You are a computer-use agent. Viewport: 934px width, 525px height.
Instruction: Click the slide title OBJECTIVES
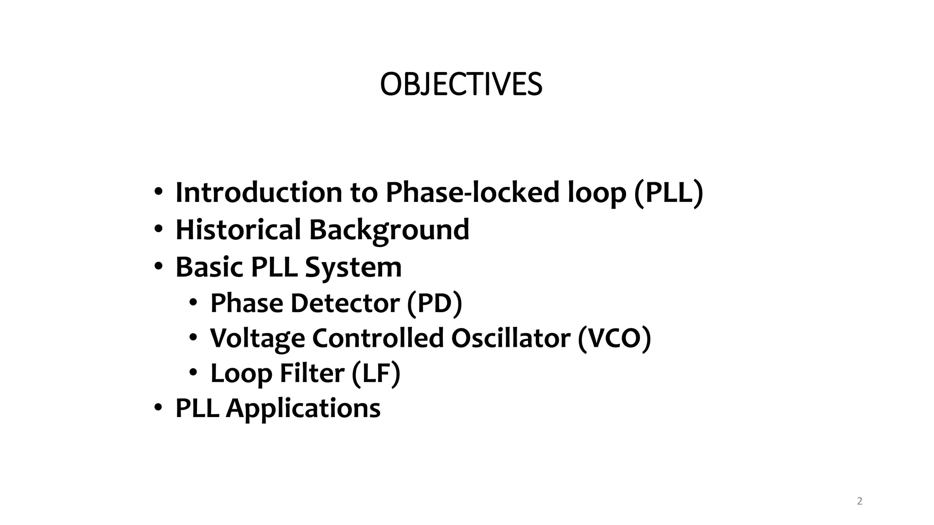point(461,85)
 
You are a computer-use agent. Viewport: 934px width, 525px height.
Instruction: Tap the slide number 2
point(860,501)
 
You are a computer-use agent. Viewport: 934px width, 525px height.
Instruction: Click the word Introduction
point(259,192)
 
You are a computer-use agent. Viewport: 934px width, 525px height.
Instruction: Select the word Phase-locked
point(472,192)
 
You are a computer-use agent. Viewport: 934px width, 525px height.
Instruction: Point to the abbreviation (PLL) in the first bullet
point(669,192)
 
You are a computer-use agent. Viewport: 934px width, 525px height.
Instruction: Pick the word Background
point(389,230)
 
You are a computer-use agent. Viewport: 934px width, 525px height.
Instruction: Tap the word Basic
point(209,267)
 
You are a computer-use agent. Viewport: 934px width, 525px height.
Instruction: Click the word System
point(353,268)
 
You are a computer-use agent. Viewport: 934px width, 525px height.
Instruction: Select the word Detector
point(345,303)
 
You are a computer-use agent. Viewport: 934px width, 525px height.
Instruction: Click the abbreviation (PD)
point(434,304)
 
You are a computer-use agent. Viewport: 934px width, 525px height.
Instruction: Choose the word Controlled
point(378,338)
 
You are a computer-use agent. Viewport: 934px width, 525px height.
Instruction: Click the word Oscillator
point(511,338)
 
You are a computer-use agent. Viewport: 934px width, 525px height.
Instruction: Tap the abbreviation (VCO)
point(614,338)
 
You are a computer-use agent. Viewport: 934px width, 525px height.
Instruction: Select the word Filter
point(312,373)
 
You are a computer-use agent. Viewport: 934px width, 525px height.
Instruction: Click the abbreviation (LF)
point(376,374)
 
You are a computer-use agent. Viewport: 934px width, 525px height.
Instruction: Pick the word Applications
point(303,408)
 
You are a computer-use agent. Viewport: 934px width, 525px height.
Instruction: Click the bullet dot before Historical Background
point(158,229)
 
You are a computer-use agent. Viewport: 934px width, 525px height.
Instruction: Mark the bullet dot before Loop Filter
point(193,373)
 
